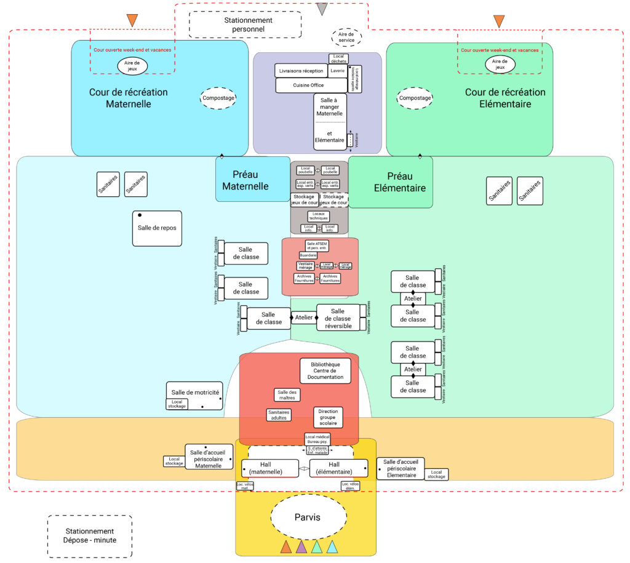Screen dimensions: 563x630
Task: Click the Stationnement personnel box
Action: pyautogui.click(x=244, y=25)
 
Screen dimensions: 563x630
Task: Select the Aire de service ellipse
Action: pyautogui.click(x=346, y=37)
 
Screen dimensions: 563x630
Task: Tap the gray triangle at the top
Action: pyautogui.click(x=322, y=9)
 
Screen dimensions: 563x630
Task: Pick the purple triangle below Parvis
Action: pyautogui.click(x=301, y=546)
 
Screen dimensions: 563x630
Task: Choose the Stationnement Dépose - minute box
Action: pyautogui.click(x=90, y=535)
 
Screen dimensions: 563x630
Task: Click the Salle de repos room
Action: pyautogui.click(x=157, y=228)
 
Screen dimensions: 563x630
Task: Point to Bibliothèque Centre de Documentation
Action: pyautogui.click(x=325, y=370)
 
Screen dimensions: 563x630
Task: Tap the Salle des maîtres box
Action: pyautogui.click(x=287, y=395)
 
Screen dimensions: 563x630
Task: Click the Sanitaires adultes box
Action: pyautogui.click(x=279, y=415)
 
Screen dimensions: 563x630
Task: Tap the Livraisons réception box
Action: pyautogui.click(x=301, y=71)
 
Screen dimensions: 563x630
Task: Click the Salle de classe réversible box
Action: pyautogui.click(x=338, y=319)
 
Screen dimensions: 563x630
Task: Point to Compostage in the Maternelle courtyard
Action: pyautogui.click(x=218, y=98)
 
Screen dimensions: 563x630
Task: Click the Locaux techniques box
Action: pyautogui.click(x=319, y=216)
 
